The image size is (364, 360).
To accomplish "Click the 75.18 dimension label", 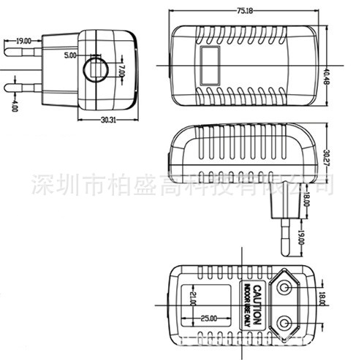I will pos(245,11).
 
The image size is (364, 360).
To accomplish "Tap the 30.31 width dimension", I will pos(106,120).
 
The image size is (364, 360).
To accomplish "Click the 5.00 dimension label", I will pos(70,55).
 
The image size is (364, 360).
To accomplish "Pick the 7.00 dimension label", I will pos(122,71).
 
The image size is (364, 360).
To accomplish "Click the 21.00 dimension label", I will pos(194,299).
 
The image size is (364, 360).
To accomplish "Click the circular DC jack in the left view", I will pos(95,70).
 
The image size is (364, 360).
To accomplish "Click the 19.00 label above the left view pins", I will pos(23,41).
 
